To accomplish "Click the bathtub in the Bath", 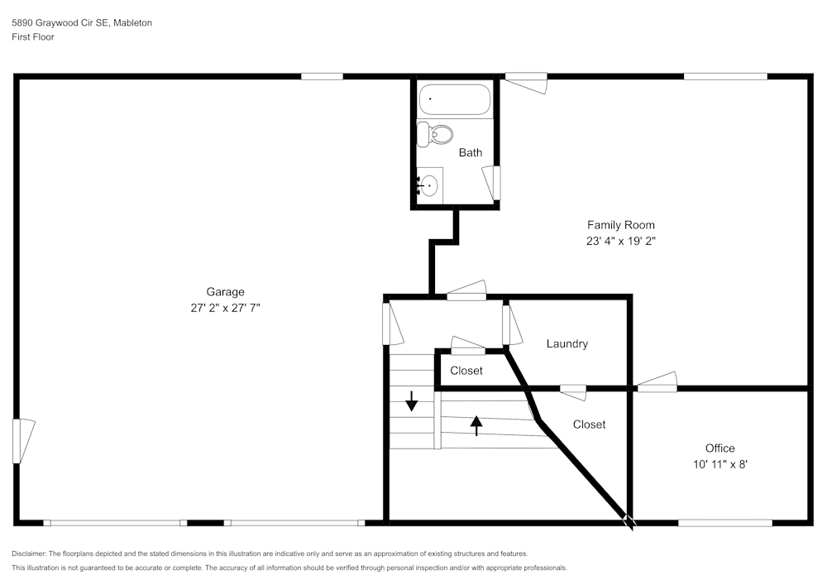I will point(455,100).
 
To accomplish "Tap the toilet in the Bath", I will point(436,134).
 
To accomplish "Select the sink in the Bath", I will point(429,185).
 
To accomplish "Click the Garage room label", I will point(225,291).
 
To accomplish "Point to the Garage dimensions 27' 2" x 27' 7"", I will point(225,308).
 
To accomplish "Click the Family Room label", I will point(620,225).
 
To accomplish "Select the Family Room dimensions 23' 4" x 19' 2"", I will point(620,242).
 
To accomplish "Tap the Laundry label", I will point(566,343).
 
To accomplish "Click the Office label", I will point(719,448).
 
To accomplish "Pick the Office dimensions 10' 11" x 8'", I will point(719,465).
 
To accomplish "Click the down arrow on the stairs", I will point(412,403).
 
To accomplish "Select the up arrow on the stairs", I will point(476,424).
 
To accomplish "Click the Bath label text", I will point(471,152).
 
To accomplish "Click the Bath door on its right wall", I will point(496,182).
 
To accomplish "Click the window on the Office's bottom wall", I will point(725,522).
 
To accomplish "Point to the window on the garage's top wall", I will point(322,76).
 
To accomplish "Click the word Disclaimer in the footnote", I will point(30,554).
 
